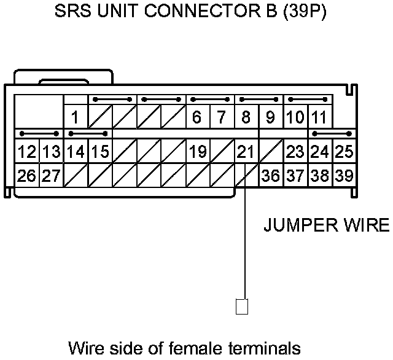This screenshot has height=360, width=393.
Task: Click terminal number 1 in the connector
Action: tap(75, 117)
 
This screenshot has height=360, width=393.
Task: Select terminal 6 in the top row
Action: tap(196, 117)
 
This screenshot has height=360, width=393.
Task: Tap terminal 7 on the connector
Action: tap(221, 117)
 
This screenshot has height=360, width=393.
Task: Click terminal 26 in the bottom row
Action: tap(26, 176)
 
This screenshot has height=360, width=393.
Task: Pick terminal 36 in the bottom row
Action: tap(270, 176)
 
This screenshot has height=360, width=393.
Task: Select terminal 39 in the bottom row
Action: tap(344, 176)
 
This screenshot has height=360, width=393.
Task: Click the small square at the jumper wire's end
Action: tap(242, 306)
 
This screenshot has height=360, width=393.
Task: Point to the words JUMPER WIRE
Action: tap(326, 225)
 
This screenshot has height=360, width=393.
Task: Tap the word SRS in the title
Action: tap(71, 12)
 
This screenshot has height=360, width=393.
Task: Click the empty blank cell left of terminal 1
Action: tap(39, 111)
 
